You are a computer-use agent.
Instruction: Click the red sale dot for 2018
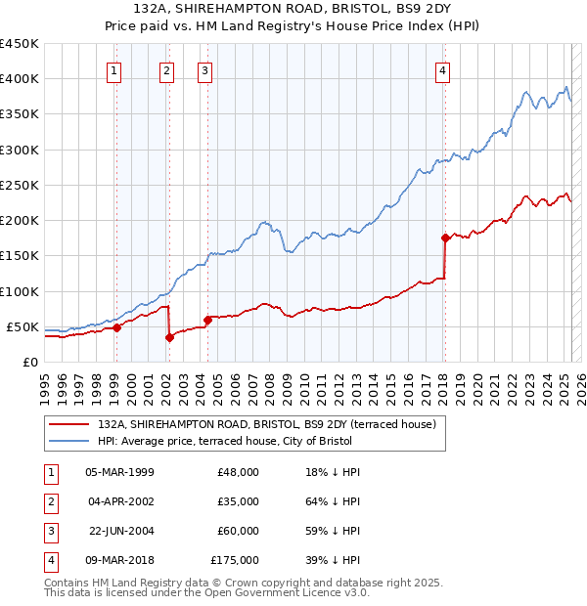445,237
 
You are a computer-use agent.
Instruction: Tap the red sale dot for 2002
169,337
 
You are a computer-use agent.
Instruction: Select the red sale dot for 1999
116,327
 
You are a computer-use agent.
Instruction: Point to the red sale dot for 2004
207,320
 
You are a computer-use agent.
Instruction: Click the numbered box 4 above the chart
443,69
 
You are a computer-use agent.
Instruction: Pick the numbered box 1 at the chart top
114,69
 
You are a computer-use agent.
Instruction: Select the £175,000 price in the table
235,560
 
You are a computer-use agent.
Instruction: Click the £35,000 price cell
238,501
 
